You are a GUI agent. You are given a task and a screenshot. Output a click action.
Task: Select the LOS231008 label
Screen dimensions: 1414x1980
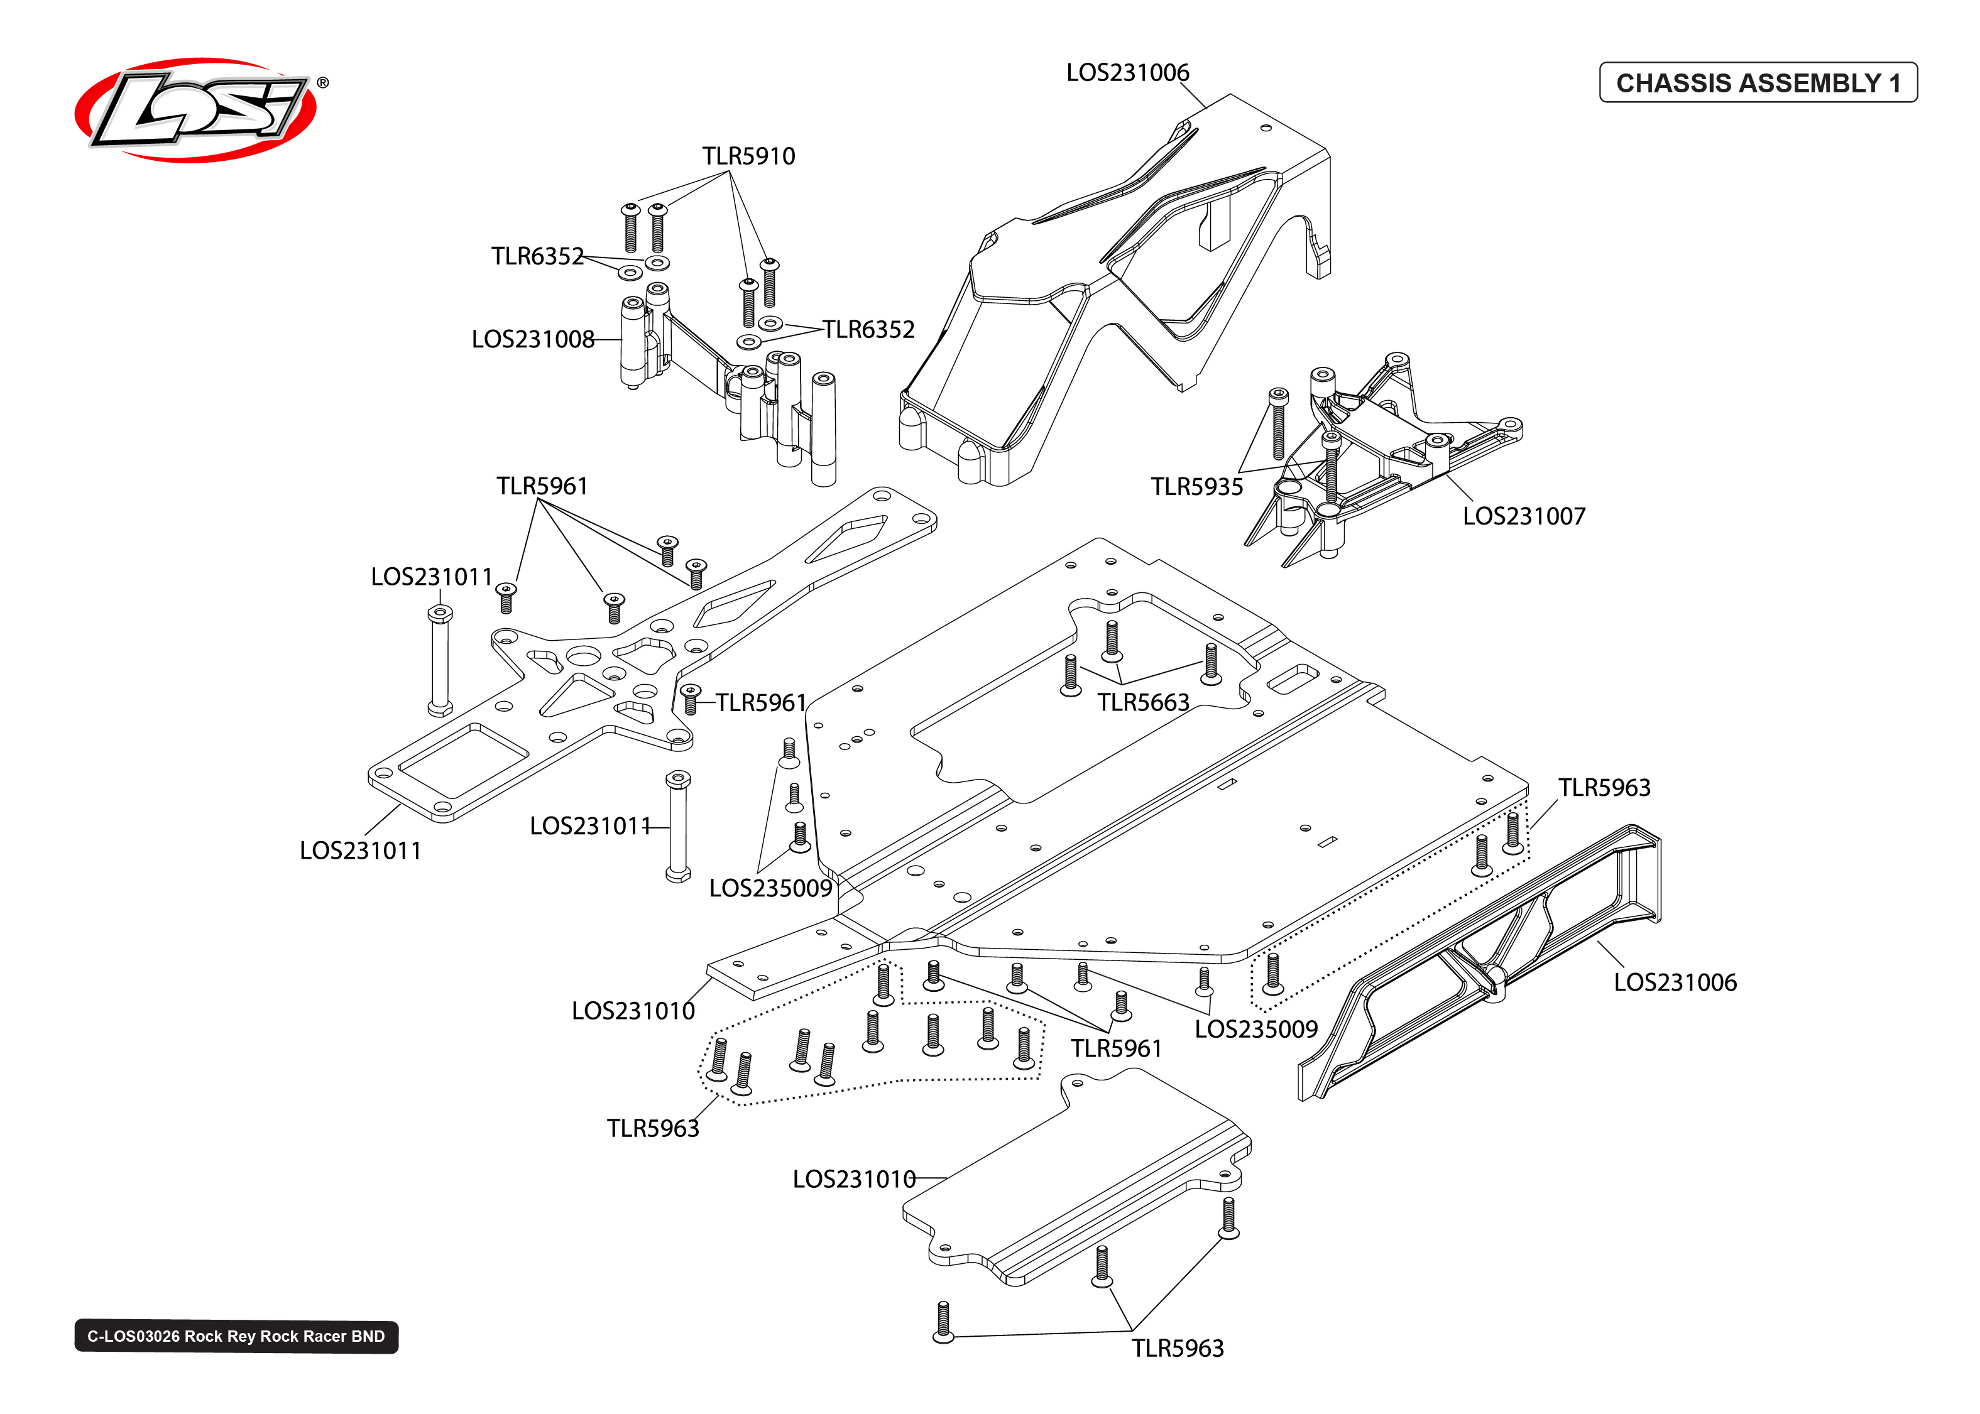tap(532, 339)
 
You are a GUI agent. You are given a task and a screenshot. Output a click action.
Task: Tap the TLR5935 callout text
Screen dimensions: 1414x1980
tap(1196, 487)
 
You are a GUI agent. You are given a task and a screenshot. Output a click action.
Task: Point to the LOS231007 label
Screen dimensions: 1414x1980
tap(1523, 516)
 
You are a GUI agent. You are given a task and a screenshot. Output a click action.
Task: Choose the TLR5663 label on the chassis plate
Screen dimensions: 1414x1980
tap(1142, 703)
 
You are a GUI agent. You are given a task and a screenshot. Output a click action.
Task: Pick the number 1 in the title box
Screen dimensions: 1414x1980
tap(1894, 83)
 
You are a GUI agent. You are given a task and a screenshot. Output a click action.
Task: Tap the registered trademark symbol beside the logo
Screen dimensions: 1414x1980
tap(323, 83)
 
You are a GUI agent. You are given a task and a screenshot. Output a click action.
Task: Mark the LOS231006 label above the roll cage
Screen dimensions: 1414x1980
tap(1127, 72)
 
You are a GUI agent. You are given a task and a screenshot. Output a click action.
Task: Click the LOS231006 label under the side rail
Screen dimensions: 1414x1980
tap(1675, 982)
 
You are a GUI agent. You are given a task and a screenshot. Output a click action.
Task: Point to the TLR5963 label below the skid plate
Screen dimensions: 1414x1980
tap(1177, 1349)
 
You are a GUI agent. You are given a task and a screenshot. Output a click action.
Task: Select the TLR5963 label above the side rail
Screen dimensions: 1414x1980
tap(1604, 788)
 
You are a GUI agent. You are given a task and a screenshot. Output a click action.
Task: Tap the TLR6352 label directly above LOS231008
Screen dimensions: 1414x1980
tap(537, 256)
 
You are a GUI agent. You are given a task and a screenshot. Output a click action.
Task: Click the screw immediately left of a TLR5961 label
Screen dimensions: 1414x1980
tap(691, 699)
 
